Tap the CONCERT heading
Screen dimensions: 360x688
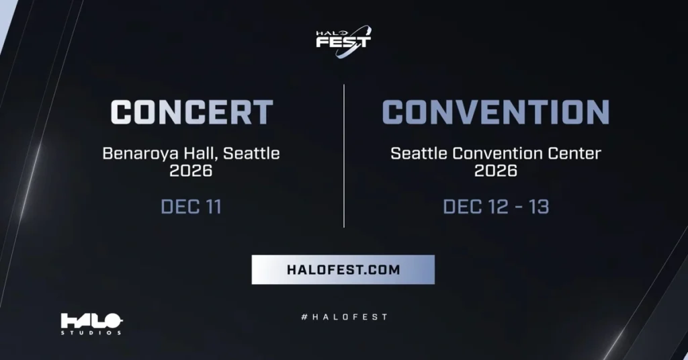tap(191, 112)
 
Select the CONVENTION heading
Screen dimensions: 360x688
tap(496, 112)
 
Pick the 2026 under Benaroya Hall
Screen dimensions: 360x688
tap(191, 171)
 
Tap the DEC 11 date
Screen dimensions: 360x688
tap(191, 207)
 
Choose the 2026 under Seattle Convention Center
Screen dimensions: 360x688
tap(496, 171)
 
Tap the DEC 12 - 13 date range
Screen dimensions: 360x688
tap(496, 207)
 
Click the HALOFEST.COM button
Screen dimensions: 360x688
tap(343, 270)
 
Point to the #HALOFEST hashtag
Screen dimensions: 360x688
tap(343, 316)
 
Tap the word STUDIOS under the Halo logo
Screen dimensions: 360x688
tap(91, 332)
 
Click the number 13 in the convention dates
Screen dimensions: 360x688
tap(537, 207)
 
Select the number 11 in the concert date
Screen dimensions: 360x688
tap(210, 207)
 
